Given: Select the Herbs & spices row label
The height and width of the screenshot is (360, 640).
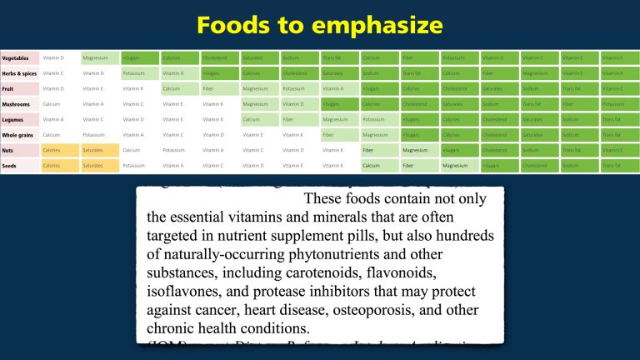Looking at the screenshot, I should (x=18, y=73).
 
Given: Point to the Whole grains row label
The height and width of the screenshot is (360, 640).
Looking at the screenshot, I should (x=18, y=135).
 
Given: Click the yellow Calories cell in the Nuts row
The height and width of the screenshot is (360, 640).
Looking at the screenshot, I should (x=59, y=150).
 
